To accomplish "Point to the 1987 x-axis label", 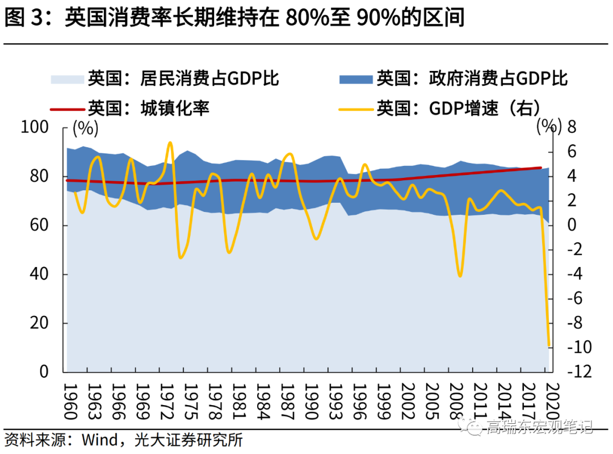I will click(x=287, y=401).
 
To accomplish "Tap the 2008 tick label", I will click(x=456, y=401).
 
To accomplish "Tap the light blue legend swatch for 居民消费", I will click(x=67, y=79).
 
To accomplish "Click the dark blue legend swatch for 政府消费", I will click(x=356, y=79).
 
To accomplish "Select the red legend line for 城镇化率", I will click(x=67, y=107).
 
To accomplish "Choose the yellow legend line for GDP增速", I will click(x=356, y=107).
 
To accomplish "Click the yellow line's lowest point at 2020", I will click(x=549, y=345).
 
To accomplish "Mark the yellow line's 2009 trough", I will click(x=460, y=276).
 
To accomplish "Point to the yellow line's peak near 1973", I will click(x=170, y=142).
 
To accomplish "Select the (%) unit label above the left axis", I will click(x=85, y=128).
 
